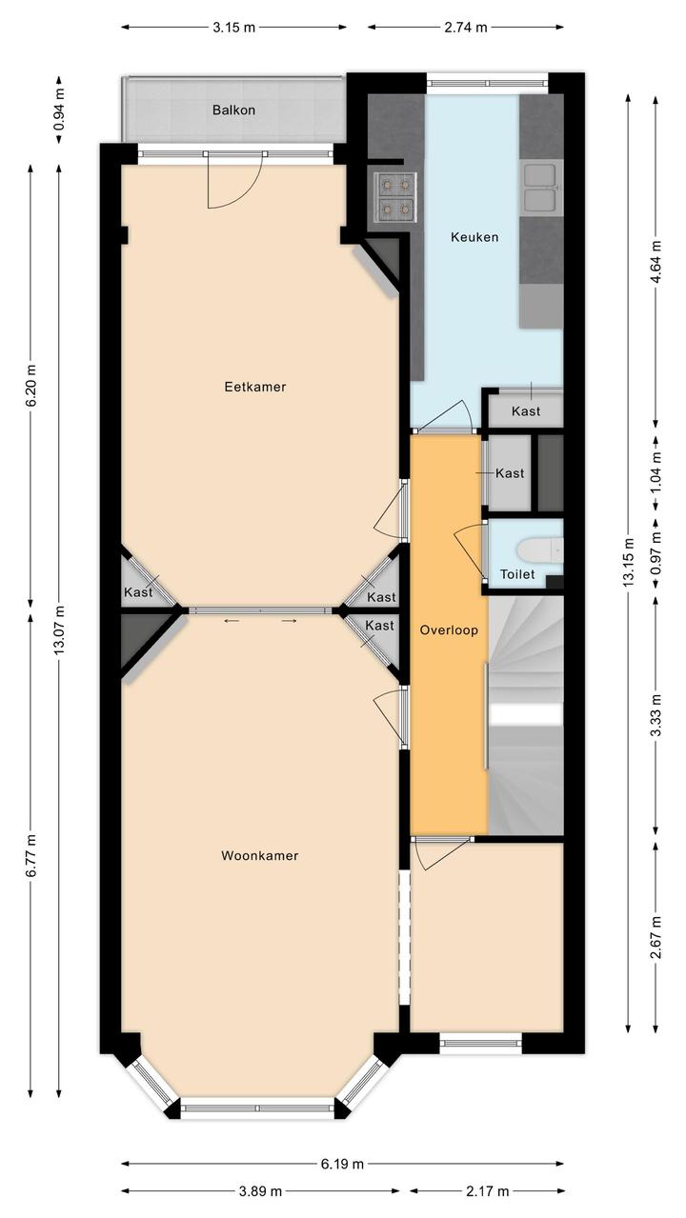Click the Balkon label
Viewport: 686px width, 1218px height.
pyautogui.click(x=234, y=110)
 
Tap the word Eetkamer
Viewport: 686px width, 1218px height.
pyautogui.click(x=255, y=387)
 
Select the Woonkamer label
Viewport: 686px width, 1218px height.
pyautogui.click(x=259, y=855)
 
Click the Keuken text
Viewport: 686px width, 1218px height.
pyautogui.click(x=474, y=237)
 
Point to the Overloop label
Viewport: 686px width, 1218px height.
pyautogui.click(x=449, y=630)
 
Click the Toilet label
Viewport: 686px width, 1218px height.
pyautogui.click(x=517, y=574)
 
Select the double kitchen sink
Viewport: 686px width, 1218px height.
pyautogui.click(x=539, y=188)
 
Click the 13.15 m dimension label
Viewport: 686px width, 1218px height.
pyautogui.click(x=629, y=562)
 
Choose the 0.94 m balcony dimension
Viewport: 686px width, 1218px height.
pyautogui.click(x=59, y=109)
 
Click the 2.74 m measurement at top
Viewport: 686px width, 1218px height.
pyautogui.click(x=466, y=28)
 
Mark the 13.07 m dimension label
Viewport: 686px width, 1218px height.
pyautogui.click(x=59, y=629)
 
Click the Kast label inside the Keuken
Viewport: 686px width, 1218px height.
pyautogui.click(x=526, y=411)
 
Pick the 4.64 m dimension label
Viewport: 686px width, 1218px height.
pyautogui.click(x=656, y=262)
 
